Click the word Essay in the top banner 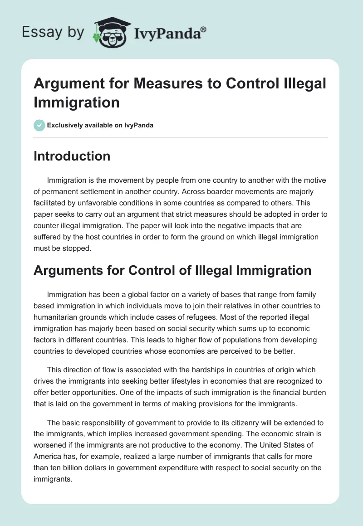[41, 32]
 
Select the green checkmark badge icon [39, 125]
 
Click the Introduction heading [72, 156]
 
